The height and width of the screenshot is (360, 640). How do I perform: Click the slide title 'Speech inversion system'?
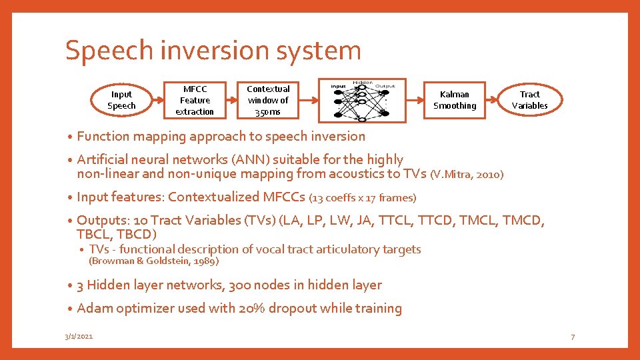pos(213,51)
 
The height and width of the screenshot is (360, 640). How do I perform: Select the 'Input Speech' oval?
pos(121,100)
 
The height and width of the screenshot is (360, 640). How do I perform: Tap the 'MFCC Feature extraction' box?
pos(195,100)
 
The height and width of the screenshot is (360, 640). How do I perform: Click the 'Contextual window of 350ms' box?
pos(268,100)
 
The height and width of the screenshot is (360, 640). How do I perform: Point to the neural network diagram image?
pos(362,101)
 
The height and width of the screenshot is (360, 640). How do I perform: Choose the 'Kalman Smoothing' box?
pos(455,100)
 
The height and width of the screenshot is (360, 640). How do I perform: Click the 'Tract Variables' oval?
pos(530,100)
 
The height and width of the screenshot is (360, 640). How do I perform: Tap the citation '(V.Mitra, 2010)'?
pos(467,175)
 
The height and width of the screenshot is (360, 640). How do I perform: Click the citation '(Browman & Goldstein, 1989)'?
pos(153,261)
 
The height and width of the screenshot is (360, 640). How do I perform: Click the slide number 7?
pos(572,337)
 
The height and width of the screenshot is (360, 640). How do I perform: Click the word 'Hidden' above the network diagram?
pos(362,81)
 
